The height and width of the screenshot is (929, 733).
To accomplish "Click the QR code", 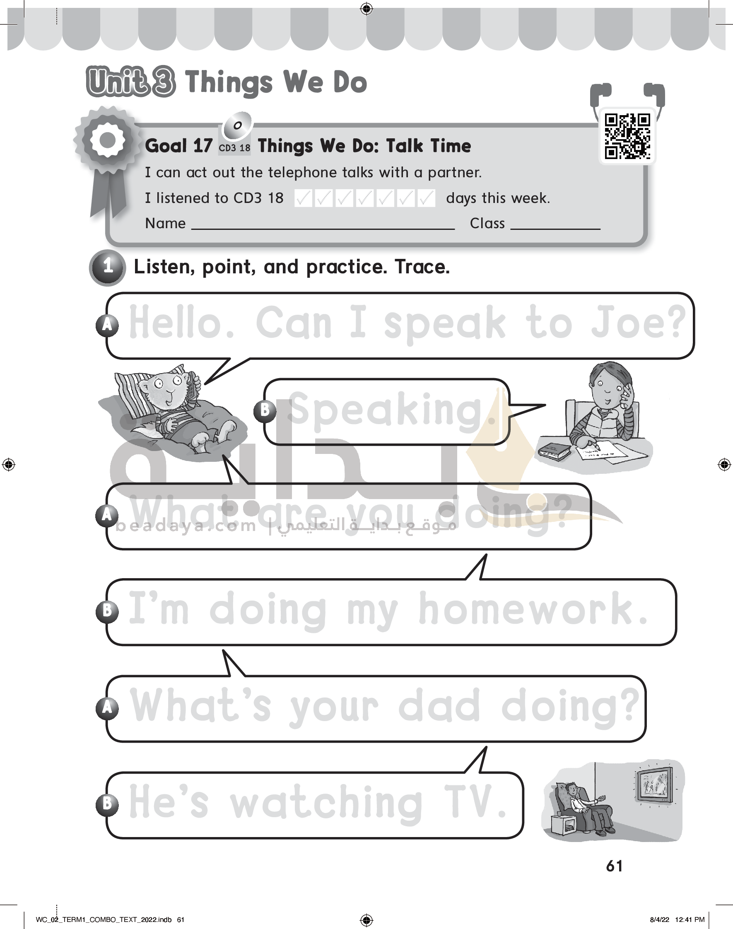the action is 627,136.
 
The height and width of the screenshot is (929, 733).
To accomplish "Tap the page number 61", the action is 614,866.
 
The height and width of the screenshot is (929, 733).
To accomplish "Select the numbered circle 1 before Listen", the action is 108,267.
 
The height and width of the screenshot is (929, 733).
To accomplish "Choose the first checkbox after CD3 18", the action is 304,198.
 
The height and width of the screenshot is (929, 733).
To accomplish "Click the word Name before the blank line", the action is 165,224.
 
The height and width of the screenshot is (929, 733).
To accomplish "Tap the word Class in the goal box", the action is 487,224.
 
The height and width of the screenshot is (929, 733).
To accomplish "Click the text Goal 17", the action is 178,146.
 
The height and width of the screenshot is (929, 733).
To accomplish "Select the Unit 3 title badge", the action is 131,82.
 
